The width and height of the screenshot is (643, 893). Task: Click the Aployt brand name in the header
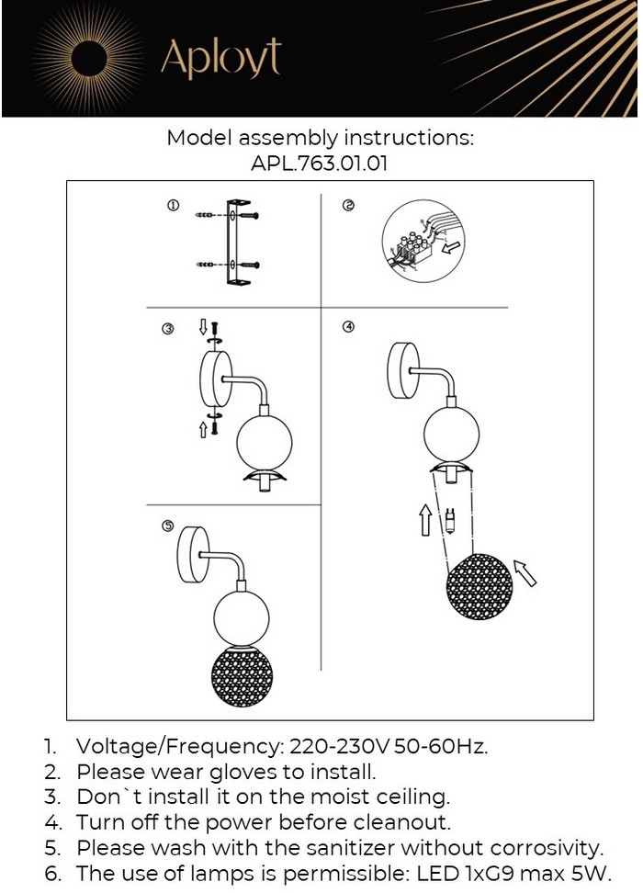(x=220, y=59)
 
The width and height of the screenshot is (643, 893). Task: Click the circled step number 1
(x=173, y=206)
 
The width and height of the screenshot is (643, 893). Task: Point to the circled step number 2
(x=348, y=206)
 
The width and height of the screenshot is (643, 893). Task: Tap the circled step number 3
(x=167, y=328)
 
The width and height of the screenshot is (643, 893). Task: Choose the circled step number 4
(x=348, y=326)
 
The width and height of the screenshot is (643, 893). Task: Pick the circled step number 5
(x=167, y=526)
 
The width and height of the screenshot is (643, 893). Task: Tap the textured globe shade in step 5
(x=240, y=679)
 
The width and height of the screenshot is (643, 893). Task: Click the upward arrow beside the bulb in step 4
(x=425, y=519)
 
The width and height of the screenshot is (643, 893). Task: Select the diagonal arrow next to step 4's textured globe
(x=525, y=573)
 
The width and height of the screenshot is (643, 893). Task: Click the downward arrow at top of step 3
(x=203, y=327)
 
